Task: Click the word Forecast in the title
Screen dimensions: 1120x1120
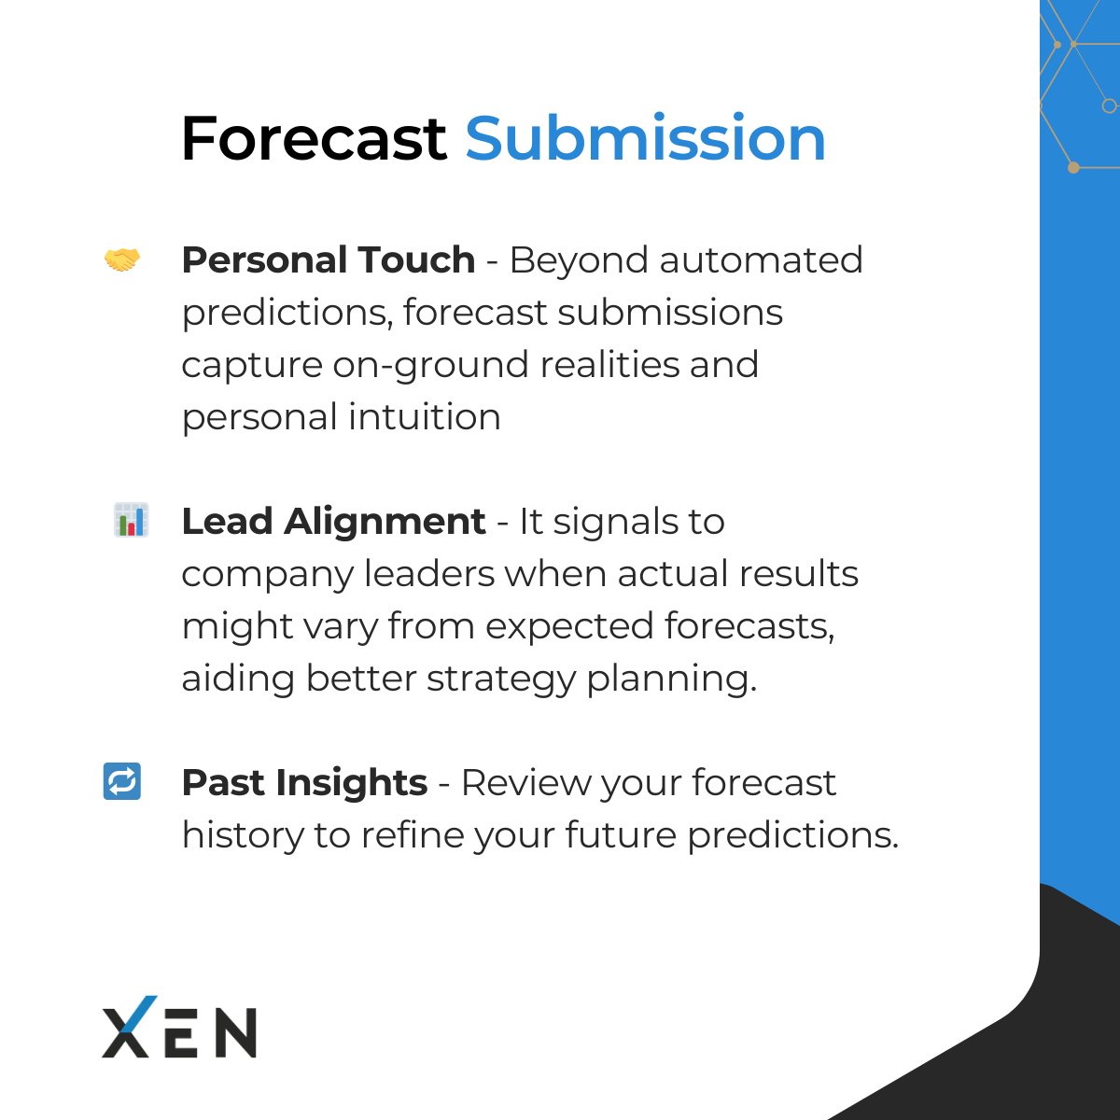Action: coord(313,139)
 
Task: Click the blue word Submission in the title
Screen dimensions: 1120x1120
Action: coord(645,139)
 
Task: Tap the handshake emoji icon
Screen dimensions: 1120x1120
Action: coord(121,260)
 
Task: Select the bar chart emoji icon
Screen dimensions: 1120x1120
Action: coord(130,520)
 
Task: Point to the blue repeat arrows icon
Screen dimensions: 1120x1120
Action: coord(121,781)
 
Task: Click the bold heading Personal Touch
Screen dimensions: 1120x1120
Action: coord(328,260)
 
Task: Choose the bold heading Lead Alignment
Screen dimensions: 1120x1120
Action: coord(333,521)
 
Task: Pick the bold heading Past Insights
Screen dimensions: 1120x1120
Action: coord(304,782)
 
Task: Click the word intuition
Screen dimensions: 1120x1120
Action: coord(425,416)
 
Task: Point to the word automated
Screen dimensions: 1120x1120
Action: coord(761,260)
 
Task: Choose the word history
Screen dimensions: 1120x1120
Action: coord(242,834)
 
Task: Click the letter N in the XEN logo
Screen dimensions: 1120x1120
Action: coord(234,1031)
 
